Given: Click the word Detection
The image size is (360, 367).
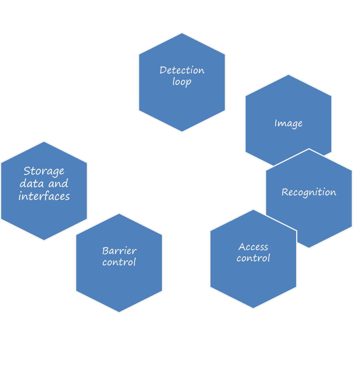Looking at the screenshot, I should [x=182, y=70].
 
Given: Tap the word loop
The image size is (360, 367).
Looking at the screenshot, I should [x=182, y=82].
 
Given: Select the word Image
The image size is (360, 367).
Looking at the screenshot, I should [x=288, y=123].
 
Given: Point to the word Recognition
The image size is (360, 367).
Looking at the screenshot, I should [x=309, y=192].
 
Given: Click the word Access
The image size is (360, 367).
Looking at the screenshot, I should [x=253, y=247].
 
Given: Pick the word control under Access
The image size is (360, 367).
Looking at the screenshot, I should [x=253, y=258].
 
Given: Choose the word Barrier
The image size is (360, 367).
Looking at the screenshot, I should [x=119, y=251].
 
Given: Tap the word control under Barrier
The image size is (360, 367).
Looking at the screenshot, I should [x=119, y=262].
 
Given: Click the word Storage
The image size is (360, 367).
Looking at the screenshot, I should [x=44, y=171].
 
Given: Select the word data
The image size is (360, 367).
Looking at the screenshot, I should [x=32, y=184].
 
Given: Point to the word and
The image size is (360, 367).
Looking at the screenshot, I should [x=58, y=184].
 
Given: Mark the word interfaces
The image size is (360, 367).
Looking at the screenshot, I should [x=44, y=196].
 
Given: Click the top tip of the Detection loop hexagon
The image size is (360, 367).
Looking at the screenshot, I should [x=182, y=32].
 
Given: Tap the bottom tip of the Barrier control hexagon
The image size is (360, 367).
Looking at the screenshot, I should [x=119, y=313].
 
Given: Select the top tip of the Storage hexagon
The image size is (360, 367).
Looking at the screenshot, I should [x=44, y=141].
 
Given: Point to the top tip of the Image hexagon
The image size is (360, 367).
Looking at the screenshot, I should [x=289, y=74].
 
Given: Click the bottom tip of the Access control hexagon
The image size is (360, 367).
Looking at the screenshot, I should [x=253, y=309].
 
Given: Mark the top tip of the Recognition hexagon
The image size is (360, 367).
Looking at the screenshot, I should [x=309, y=149].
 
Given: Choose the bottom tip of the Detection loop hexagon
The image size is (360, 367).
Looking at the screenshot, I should [x=182, y=132].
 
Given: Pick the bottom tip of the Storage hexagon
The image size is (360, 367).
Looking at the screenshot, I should [x=44, y=241].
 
